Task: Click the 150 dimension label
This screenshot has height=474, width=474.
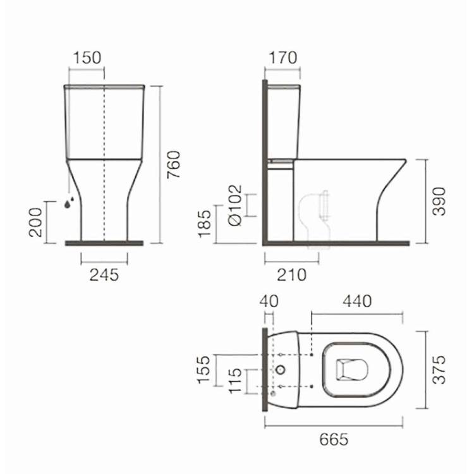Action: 87,58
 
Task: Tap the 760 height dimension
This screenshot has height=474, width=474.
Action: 174,164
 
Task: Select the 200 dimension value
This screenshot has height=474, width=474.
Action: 35,222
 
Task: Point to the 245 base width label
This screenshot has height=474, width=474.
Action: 104,275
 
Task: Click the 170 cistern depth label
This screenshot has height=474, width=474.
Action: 283,58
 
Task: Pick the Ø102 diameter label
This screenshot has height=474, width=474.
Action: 236,205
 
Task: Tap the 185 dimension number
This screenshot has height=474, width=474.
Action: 204,223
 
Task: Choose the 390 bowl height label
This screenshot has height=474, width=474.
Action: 439,202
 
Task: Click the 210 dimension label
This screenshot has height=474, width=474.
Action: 291,275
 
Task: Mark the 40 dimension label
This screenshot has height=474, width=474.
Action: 269,301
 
